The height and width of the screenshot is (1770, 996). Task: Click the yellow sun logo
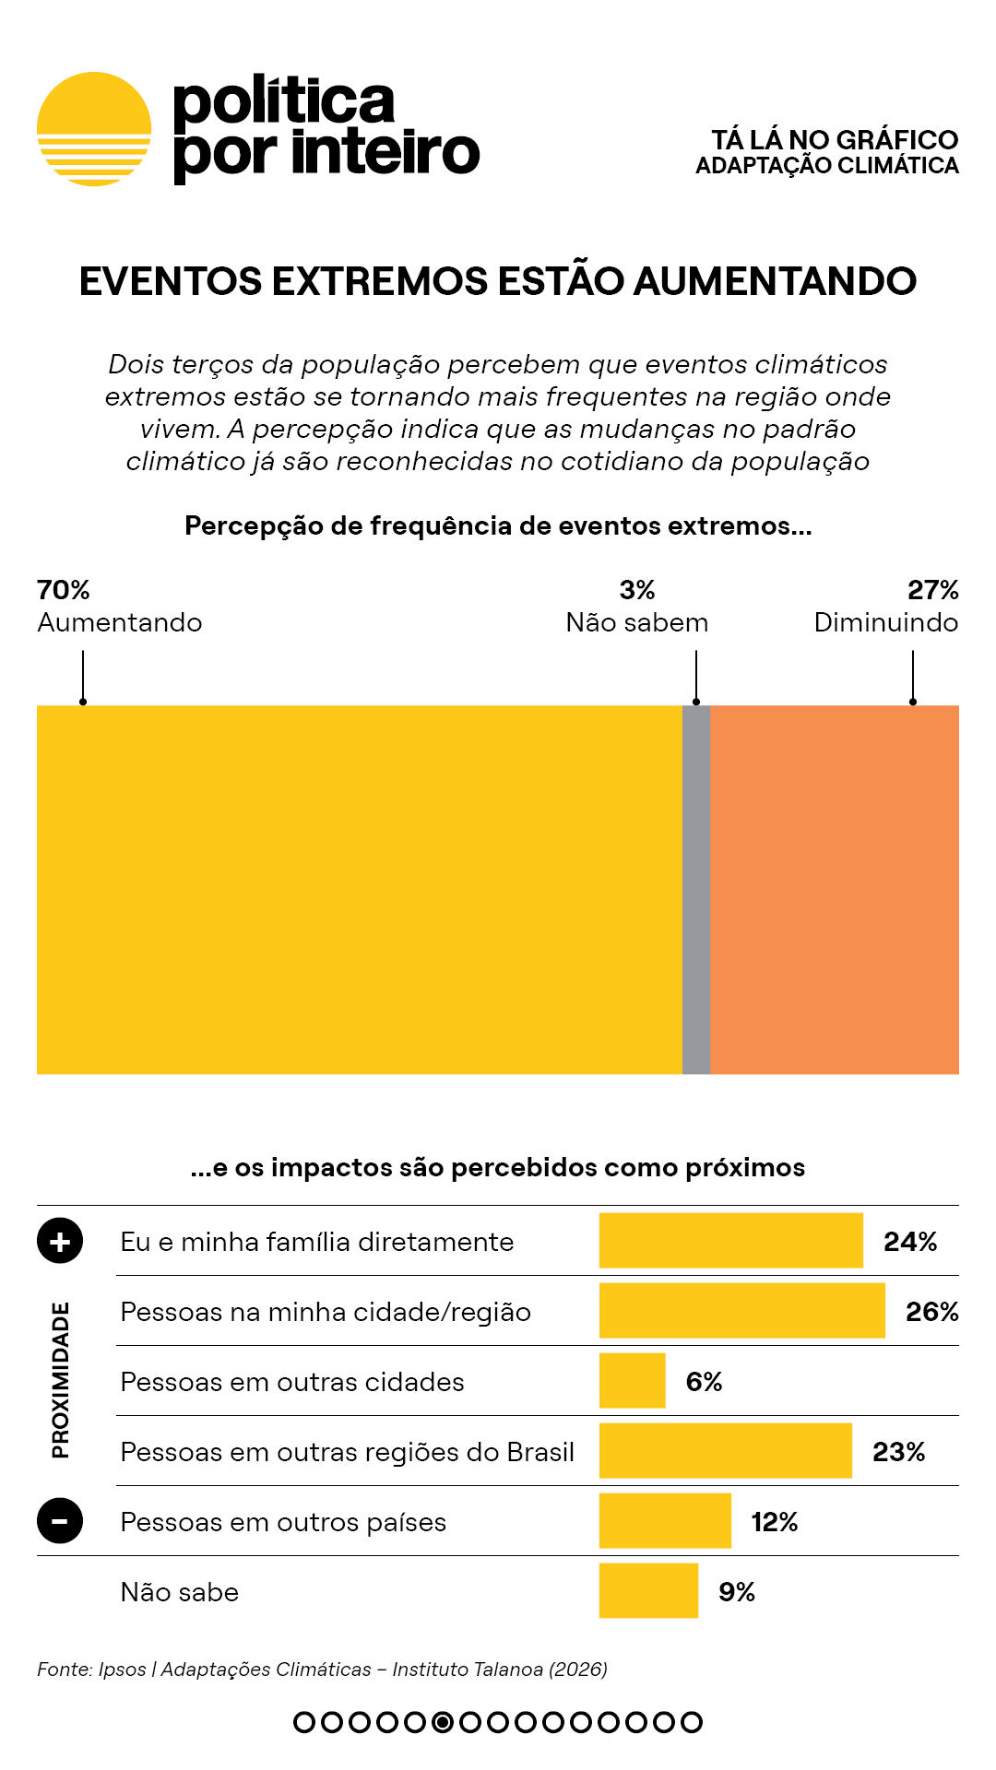(94, 129)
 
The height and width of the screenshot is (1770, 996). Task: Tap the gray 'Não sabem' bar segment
(696, 890)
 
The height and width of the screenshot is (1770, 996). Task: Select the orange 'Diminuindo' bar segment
(835, 890)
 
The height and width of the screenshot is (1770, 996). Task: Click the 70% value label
(64, 590)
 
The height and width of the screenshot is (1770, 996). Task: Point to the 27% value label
(932, 590)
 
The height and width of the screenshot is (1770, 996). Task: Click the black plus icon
(60, 1241)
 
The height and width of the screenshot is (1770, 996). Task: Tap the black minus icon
(60, 1521)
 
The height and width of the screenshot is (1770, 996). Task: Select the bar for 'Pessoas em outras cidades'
(632, 1381)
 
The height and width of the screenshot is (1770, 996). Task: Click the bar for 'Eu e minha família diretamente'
(730, 1241)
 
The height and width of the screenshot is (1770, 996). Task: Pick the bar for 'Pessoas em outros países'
(665, 1521)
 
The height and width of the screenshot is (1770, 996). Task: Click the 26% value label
(931, 1312)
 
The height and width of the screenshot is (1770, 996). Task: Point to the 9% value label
(737, 1592)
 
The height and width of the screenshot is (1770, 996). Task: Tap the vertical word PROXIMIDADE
(61, 1380)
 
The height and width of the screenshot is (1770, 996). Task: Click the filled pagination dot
(443, 1722)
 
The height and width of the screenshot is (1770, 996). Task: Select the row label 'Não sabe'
(180, 1592)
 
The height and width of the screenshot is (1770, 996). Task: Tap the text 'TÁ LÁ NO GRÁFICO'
(835, 140)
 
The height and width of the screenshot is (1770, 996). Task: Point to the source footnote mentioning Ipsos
(322, 1670)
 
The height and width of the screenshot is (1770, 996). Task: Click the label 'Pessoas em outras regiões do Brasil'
(348, 1452)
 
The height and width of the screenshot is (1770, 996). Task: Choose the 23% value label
(898, 1452)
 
